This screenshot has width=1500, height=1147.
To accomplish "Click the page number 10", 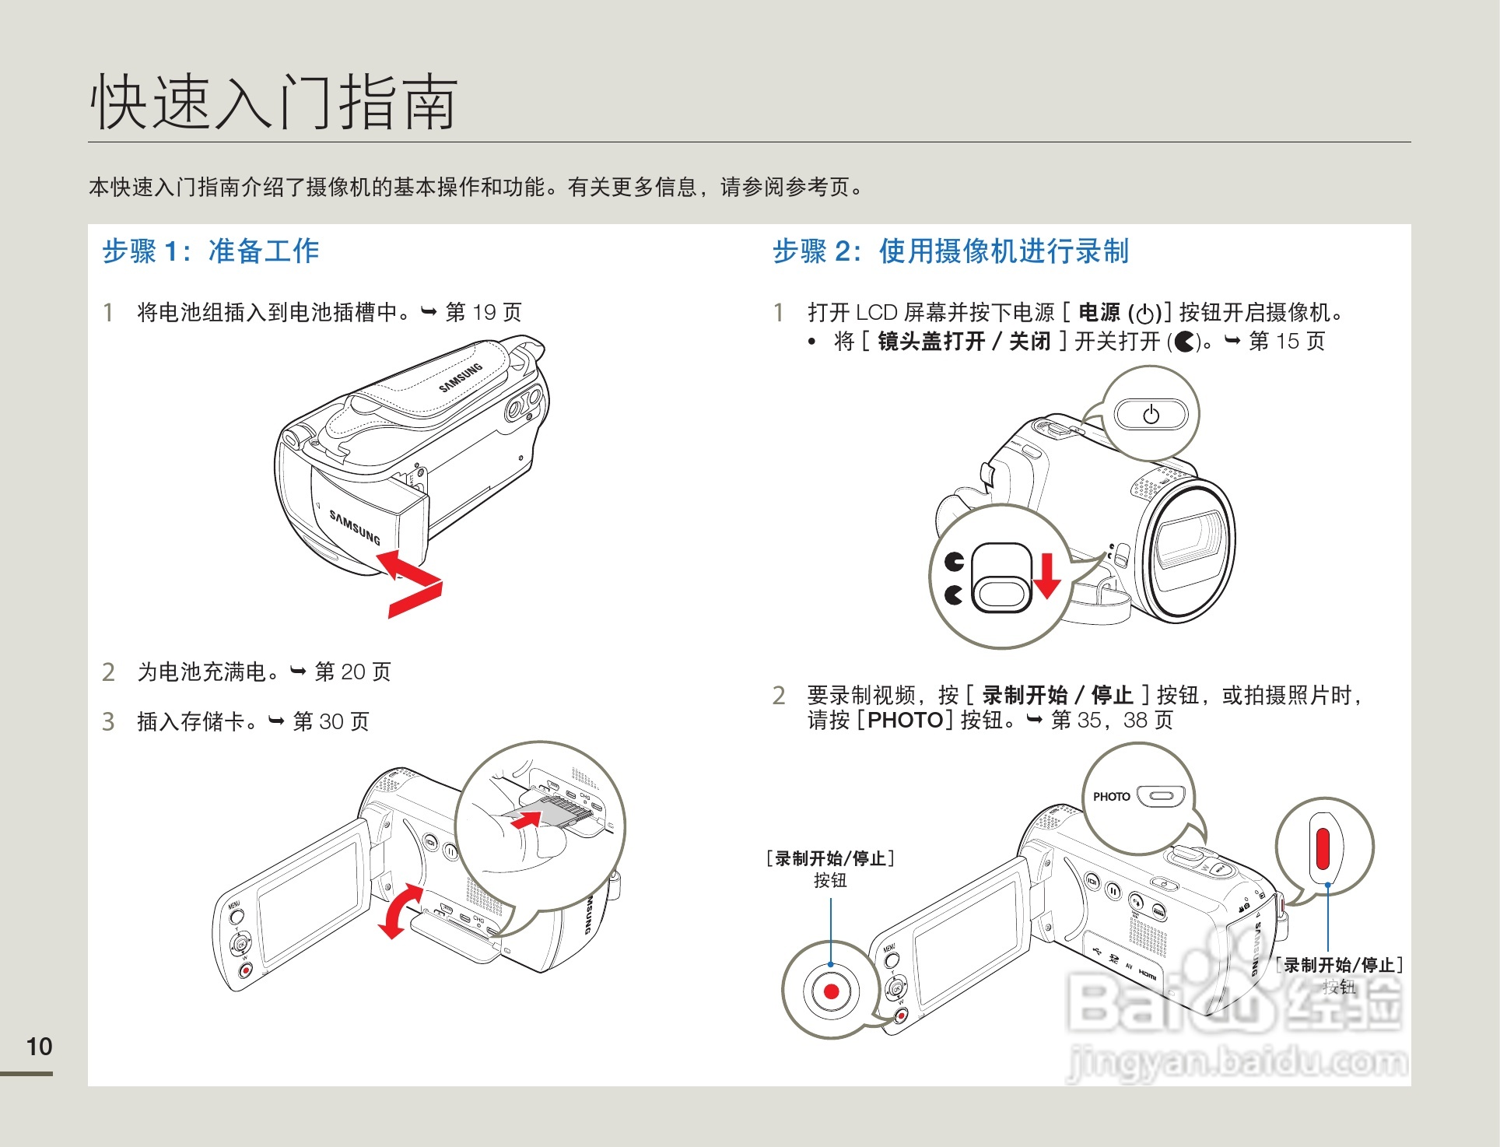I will [39, 1047].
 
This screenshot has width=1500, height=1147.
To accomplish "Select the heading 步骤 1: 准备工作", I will [211, 251].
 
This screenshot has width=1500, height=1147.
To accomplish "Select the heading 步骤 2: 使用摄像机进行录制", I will [950, 251].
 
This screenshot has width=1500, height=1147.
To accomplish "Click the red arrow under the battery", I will [411, 584].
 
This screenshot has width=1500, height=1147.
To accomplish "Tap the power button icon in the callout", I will [1151, 415].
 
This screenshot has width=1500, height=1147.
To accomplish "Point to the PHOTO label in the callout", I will [1111, 797].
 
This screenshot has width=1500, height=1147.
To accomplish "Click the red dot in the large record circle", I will [831, 991].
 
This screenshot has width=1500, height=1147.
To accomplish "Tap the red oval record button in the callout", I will [1323, 849].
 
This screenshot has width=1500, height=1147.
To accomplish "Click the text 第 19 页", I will [483, 312].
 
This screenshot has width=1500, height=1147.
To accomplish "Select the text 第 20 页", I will [352, 672].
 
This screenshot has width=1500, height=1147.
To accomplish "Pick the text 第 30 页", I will [331, 721].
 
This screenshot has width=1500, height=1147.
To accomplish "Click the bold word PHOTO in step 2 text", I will [905, 720].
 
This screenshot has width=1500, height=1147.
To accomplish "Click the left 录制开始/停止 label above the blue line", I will [830, 858].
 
